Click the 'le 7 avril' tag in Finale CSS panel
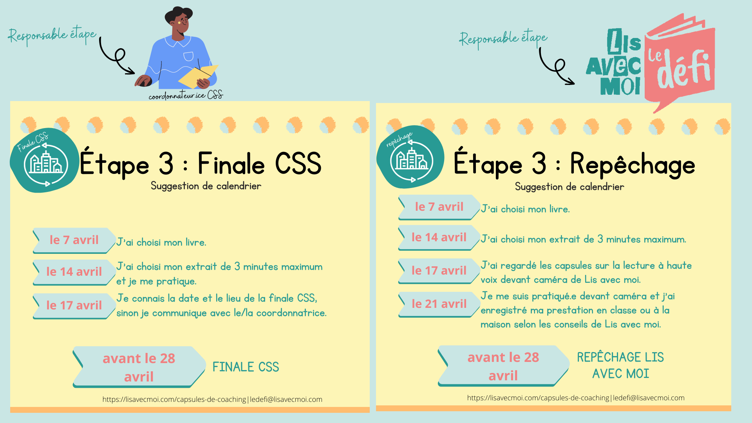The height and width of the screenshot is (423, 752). coord(74,240)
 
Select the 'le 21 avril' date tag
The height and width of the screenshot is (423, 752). coord(439,304)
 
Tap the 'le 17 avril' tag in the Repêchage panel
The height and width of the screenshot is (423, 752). coord(439,271)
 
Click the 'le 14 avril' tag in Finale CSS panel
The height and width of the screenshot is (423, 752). coord(74,272)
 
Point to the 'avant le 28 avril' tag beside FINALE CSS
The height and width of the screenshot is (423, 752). coord(139,367)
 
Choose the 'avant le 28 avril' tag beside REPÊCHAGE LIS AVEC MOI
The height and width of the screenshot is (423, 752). coord(503,366)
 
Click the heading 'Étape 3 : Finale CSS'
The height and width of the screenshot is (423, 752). coord(201,164)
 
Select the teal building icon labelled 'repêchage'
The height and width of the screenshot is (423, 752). coord(411,158)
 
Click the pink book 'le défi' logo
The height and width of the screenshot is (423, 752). coord(680,63)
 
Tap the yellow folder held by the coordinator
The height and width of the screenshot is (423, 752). coord(198,77)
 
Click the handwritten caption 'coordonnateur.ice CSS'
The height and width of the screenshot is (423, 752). coord(186,95)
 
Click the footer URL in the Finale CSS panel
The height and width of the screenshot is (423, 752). coord(212,399)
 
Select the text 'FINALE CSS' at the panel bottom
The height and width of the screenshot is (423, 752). coord(246,367)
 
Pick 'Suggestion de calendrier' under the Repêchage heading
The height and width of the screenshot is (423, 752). coord(569,187)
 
